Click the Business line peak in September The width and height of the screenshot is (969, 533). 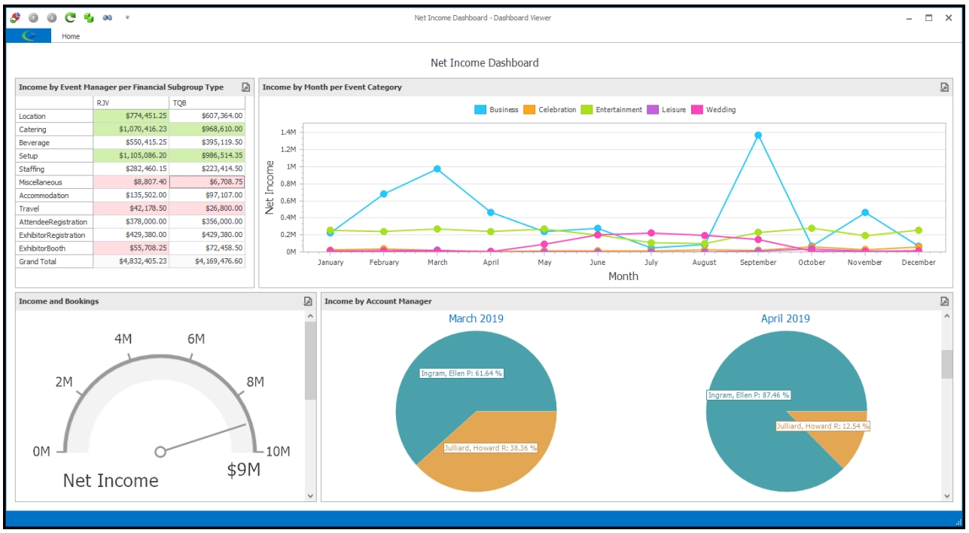coord(758,136)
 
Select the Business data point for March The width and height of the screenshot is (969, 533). coord(437,169)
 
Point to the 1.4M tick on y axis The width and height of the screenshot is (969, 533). coord(288,132)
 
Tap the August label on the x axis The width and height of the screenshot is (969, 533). coord(704,263)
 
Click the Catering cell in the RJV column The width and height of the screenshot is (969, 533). coord(131,129)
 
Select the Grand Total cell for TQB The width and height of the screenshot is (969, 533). coord(207,261)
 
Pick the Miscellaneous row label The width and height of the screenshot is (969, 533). coord(41,182)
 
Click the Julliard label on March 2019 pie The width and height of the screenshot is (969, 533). coord(490,448)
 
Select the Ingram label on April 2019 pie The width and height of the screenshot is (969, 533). coord(748,394)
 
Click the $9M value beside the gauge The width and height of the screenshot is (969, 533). coord(243,471)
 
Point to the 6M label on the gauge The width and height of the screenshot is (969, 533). coord(196,340)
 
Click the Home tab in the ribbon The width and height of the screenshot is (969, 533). coord(71,36)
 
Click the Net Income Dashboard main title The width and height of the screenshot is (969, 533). coord(484,63)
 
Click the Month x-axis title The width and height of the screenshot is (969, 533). coord(623,276)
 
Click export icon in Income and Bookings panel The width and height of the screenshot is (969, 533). coord(308,301)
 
